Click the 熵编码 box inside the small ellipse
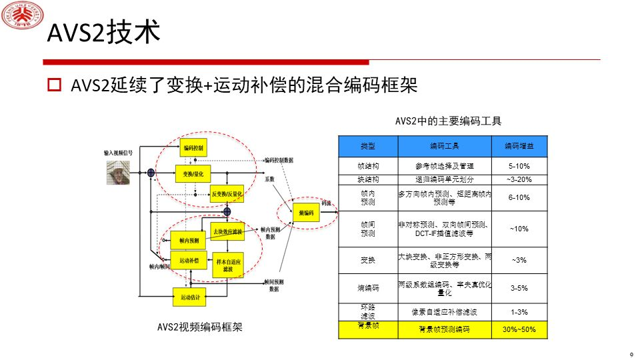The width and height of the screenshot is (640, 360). pos(306,213)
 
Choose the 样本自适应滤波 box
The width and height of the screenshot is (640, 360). pos(227,265)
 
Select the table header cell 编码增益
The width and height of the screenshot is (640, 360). pos(519,146)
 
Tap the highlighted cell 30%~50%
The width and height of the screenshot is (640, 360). pos(519,329)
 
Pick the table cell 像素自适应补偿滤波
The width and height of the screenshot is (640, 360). pos(444,311)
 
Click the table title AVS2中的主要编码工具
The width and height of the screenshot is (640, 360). pos(448,121)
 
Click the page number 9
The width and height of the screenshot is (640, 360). pos(630,354)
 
